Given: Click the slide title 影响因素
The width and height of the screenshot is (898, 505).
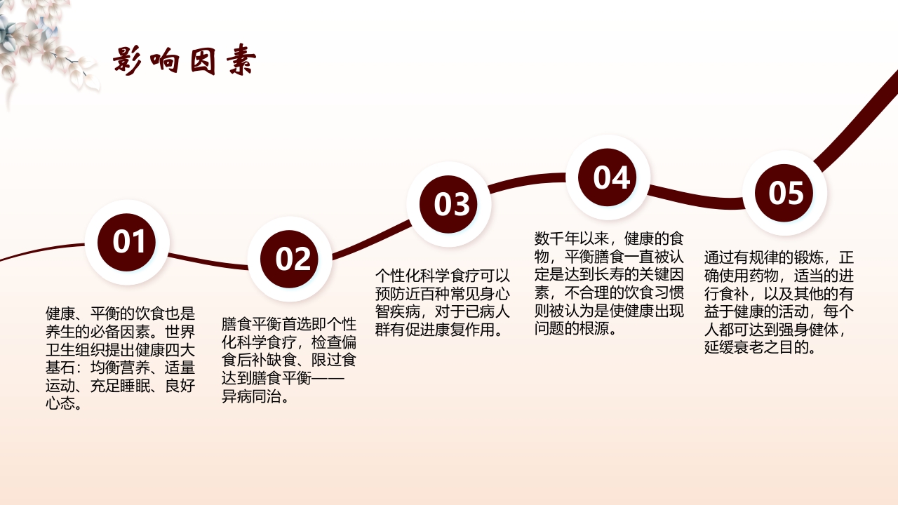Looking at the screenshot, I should [x=185, y=62].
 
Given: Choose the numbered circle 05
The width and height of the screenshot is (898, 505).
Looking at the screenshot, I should [x=786, y=192].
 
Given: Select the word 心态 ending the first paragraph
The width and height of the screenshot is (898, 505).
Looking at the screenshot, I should [x=61, y=403].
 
